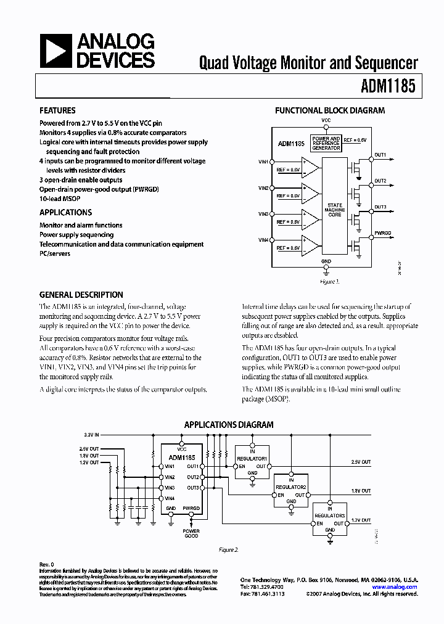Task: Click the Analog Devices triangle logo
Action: pyautogui.click(x=55, y=51)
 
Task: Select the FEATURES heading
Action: pyautogui.click(x=57, y=111)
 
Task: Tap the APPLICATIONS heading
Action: pyautogui.click(x=65, y=213)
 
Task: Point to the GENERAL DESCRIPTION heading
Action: pyautogui.click(x=81, y=295)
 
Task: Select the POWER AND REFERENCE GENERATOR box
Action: pyautogui.click(x=326, y=144)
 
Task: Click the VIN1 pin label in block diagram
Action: pyautogui.click(x=263, y=162)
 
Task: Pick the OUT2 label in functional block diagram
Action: pyautogui.click(x=380, y=181)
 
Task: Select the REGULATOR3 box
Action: pyautogui.click(x=330, y=514)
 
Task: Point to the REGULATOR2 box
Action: pyautogui.click(x=290, y=487)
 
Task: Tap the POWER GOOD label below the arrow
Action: pyautogui.click(x=191, y=534)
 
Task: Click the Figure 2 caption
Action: pyautogui.click(x=229, y=549)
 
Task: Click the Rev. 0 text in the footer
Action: pyautogui.click(x=47, y=564)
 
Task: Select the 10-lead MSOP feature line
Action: pyautogui.click(x=60, y=199)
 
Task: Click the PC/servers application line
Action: pyautogui.click(x=55, y=253)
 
